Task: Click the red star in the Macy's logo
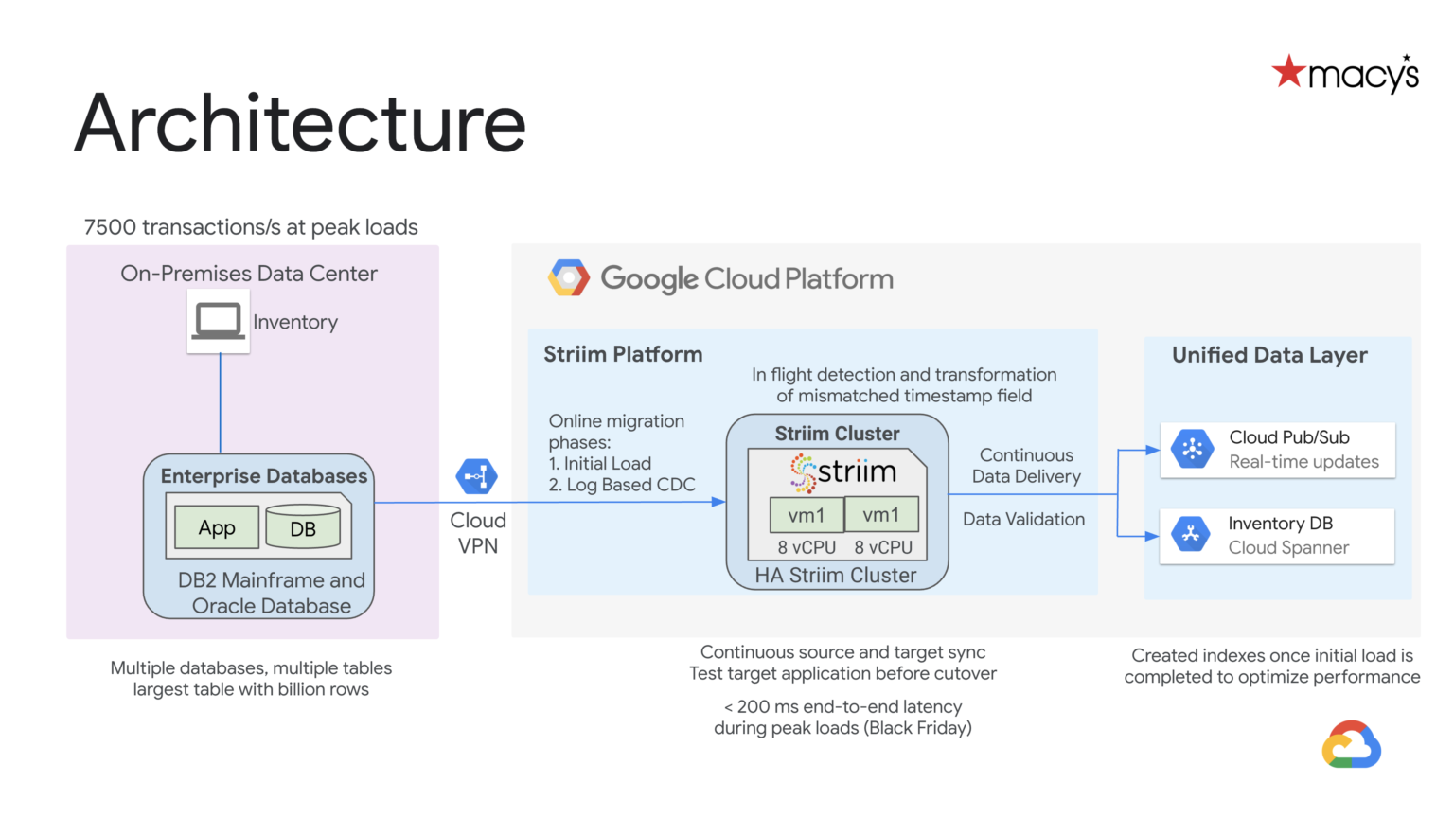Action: pyautogui.click(x=1288, y=72)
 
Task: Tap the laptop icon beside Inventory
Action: pyautogui.click(x=218, y=322)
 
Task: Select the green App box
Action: pyautogui.click(x=217, y=527)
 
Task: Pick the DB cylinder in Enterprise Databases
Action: pyautogui.click(x=303, y=527)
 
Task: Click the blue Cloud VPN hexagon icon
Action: pyautogui.click(x=476, y=476)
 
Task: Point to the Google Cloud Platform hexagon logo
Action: pyautogui.click(x=569, y=278)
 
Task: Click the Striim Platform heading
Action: pyautogui.click(x=623, y=354)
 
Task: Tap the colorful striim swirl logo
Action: pyautogui.click(x=804, y=472)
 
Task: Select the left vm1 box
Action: pyautogui.click(x=807, y=516)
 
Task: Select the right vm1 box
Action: pyautogui.click(x=881, y=515)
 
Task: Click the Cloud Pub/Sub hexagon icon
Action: pyautogui.click(x=1192, y=449)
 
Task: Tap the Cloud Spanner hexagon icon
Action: pyautogui.click(x=1191, y=534)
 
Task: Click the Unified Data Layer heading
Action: pyautogui.click(x=1269, y=355)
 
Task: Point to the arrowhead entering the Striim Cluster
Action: pyautogui.click(x=719, y=502)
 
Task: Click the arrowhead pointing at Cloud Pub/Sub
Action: pyautogui.click(x=1153, y=450)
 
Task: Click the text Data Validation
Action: pyautogui.click(x=1023, y=519)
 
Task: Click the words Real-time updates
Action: pyautogui.click(x=1303, y=462)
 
